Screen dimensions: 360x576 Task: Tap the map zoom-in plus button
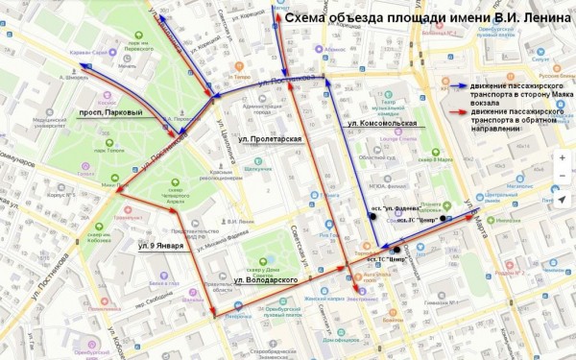point(562,157)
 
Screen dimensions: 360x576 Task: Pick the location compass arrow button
point(562,198)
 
